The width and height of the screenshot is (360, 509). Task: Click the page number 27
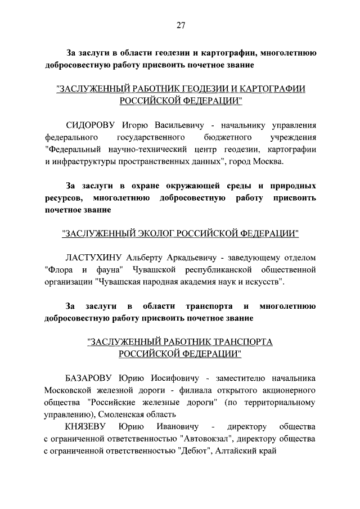tap(180, 25)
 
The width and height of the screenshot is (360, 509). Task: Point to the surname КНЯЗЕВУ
tap(86, 427)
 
